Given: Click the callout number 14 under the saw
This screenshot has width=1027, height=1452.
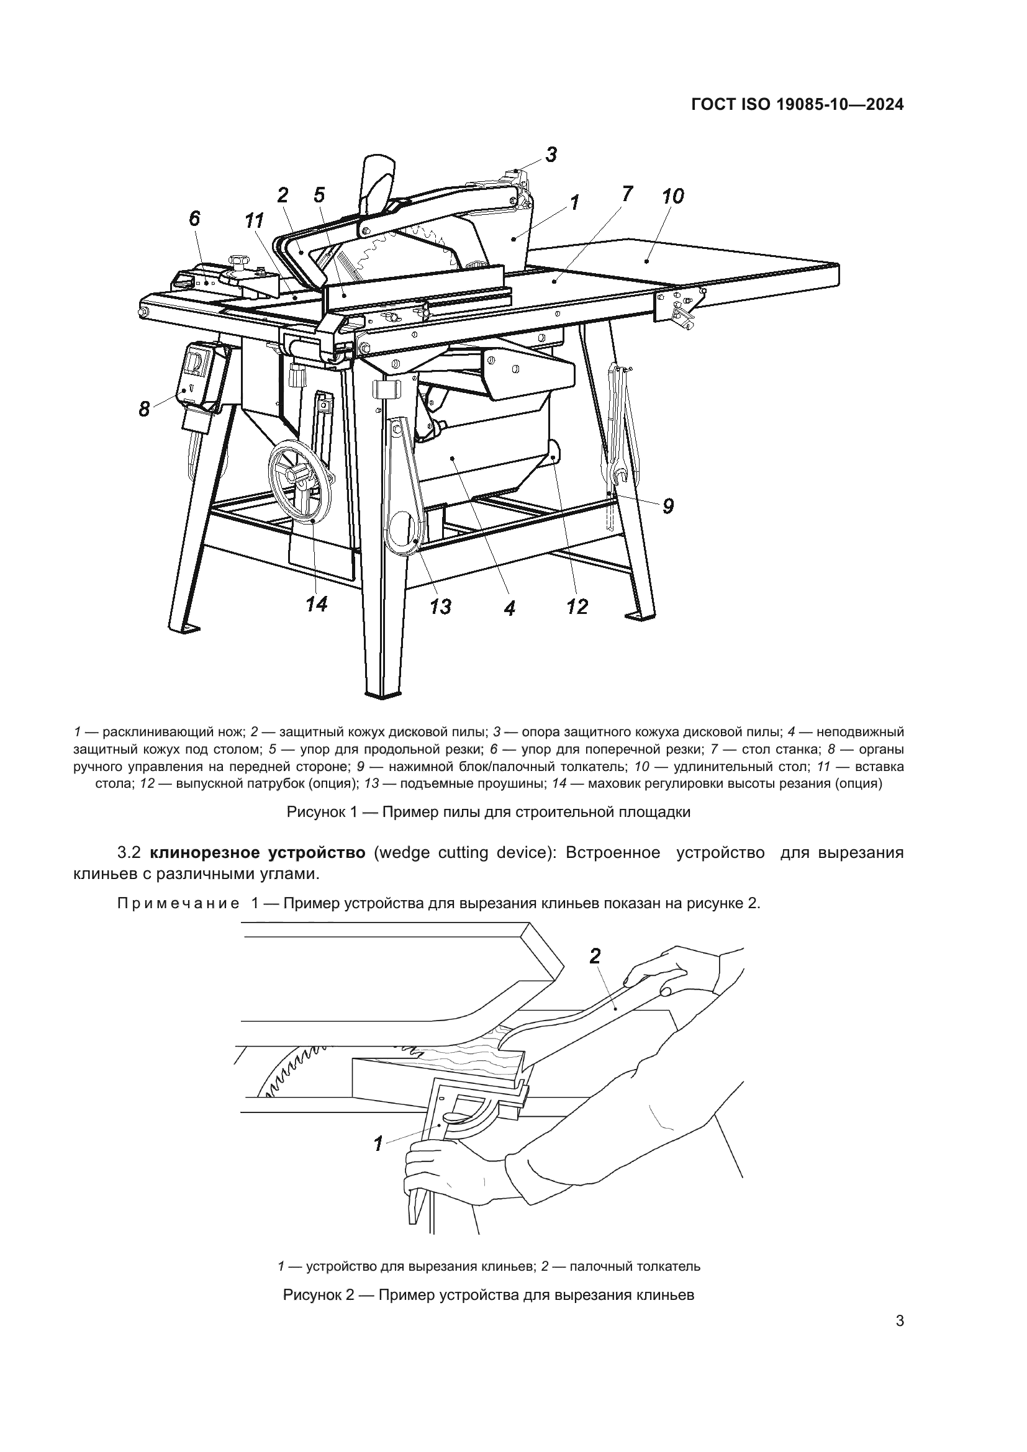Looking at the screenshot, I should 316,605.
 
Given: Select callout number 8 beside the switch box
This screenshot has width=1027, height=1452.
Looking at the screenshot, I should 145,410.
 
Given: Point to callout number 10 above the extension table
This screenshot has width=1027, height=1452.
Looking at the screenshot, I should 673,197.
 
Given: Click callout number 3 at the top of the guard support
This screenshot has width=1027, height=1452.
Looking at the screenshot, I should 551,155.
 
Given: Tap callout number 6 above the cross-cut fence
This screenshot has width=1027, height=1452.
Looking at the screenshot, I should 195,219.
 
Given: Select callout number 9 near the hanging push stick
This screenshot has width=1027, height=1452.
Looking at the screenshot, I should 668,506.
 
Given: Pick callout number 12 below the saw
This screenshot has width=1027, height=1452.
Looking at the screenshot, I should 577,607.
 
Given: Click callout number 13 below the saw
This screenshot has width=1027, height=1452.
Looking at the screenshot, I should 440,607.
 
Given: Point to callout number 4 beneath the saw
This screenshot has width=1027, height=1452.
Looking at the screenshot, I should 510,608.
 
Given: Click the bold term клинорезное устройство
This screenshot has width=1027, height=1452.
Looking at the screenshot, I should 258,853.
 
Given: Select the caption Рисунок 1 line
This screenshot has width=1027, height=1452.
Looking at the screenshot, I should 488,813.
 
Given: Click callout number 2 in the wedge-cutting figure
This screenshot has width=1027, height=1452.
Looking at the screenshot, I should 595,957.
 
